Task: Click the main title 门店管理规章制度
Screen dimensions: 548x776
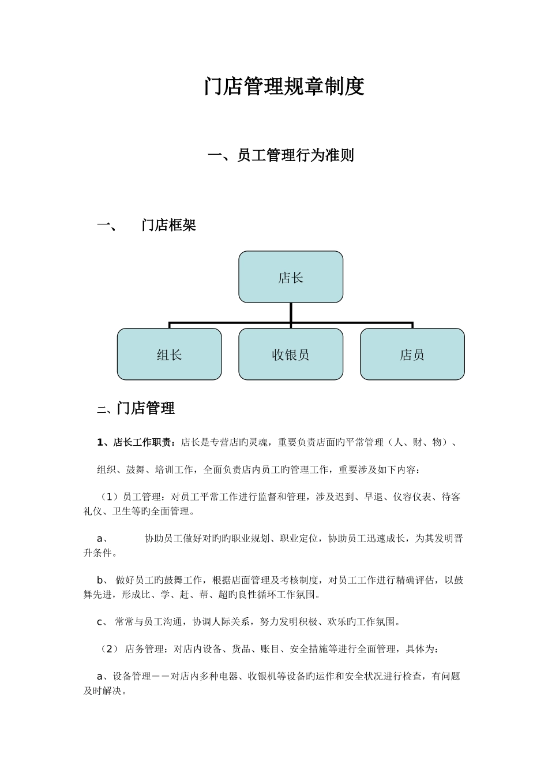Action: (284, 87)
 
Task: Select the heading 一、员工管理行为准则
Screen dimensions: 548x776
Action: (281, 155)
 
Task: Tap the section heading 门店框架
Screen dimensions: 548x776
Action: (168, 225)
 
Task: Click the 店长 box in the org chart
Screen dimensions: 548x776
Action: (291, 277)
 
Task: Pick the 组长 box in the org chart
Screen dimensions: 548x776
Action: (170, 355)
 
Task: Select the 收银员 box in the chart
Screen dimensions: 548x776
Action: (291, 355)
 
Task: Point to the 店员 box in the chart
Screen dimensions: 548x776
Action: (412, 355)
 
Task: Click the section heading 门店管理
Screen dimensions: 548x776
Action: (145, 409)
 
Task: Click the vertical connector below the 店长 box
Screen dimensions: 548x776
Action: (291, 312)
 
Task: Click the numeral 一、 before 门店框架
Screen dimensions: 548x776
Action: (107, 225)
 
